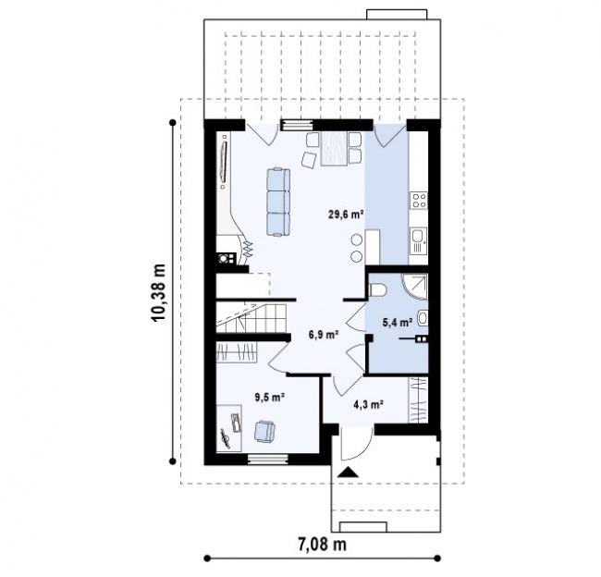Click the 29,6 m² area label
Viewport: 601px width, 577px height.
point(346,214)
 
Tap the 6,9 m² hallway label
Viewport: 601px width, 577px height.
point(324,335)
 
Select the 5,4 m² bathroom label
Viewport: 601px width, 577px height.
point(398,323)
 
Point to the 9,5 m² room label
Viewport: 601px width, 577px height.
point(269,398)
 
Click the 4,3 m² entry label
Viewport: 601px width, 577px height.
point(369,404)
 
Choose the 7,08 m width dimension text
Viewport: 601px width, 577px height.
point(322,544)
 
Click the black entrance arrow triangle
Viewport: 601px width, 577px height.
point(348,472)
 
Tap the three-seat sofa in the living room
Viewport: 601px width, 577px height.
point(278,202)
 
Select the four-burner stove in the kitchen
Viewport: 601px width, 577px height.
point(419,200)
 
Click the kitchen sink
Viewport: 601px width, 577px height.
point(418,240)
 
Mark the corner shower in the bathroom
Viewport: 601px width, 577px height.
point(415,287)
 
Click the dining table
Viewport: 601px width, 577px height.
point(334,149)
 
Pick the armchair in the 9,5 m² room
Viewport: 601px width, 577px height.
point(264,431)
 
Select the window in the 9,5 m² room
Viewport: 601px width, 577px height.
point(267,460)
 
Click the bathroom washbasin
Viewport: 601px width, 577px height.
point(423,318)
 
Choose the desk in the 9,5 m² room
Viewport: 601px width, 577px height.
point(229,428)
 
